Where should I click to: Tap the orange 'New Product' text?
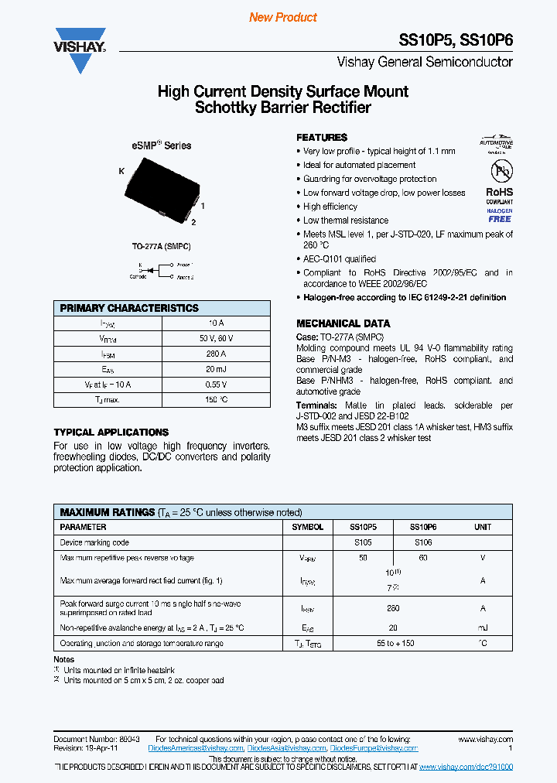[283, 17]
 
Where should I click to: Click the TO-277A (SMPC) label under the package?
[162, 246]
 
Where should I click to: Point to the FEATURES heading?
[322, 137]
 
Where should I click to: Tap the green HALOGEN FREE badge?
[499, 215]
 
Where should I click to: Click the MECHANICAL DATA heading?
[343, 323]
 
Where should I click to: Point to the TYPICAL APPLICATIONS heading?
[111, 433]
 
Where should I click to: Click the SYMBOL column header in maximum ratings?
[308, 527]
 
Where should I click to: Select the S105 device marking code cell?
[363, 542]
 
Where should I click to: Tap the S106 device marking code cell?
[423, 542]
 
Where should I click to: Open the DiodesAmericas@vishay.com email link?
[196, 748]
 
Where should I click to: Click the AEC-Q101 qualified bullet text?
[339, 259]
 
